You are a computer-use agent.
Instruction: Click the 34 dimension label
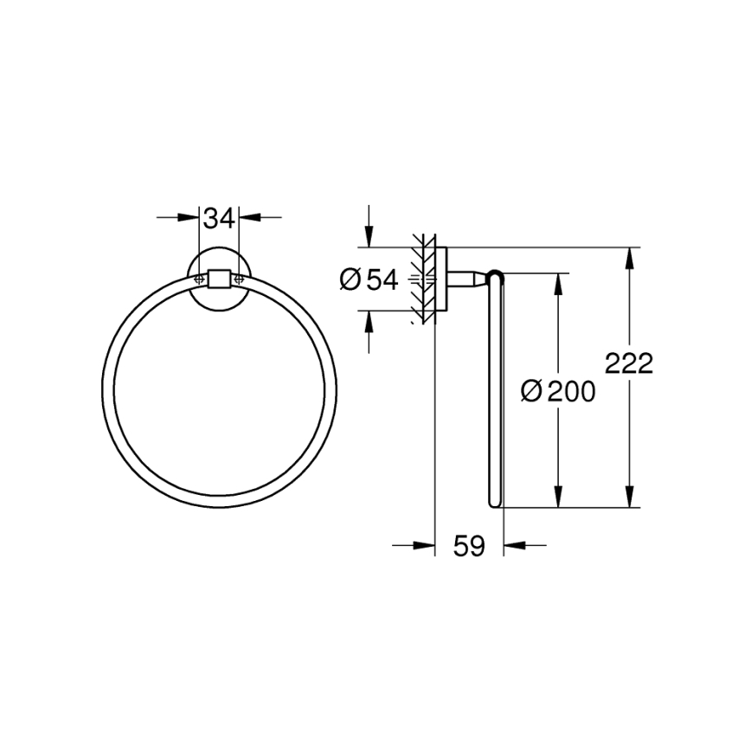point(220,219)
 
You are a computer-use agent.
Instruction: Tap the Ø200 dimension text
point(558,392)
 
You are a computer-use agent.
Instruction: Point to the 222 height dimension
point(628,363)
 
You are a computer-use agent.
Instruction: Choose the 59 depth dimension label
point(468,546)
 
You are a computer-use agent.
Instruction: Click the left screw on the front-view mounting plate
point(199,278)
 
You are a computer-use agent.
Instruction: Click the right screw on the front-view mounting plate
point(240,278)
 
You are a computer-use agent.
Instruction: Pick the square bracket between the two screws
point(220,278)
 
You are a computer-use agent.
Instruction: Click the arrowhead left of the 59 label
point(425,545)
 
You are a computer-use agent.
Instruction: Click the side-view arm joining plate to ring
point(467,279)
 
